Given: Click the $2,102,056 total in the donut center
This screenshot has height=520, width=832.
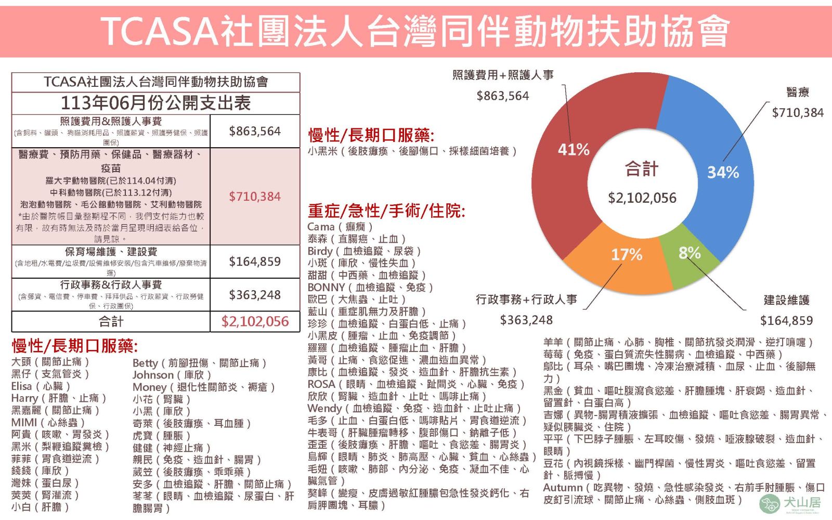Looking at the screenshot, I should pos(642,198).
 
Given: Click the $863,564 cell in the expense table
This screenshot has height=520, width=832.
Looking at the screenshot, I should pos(255,131).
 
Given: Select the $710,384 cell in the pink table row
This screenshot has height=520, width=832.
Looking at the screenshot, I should pos(255,197).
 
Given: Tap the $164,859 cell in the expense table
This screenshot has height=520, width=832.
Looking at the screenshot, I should pos(255,262).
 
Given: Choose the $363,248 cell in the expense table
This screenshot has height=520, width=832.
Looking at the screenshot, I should pos(255,295).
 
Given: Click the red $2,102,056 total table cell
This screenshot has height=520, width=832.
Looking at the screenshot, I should pos(255,321).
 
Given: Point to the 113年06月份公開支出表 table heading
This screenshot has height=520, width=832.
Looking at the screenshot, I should pos(155,103).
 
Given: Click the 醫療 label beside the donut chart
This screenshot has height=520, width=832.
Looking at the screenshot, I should pos(798,93).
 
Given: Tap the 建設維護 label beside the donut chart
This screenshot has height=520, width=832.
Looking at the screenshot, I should pos(786,300).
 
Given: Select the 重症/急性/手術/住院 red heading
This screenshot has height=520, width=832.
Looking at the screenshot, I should pos(386,211).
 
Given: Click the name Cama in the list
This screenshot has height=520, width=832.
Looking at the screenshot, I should pos(321,227).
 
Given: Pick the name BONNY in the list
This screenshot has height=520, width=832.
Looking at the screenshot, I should pos(326,288).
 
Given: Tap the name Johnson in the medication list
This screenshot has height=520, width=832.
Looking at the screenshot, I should pos(153,375).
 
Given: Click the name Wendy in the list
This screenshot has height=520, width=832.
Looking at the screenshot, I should pos(324,408).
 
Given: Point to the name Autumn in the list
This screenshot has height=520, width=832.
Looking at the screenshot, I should pos(563,488).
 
